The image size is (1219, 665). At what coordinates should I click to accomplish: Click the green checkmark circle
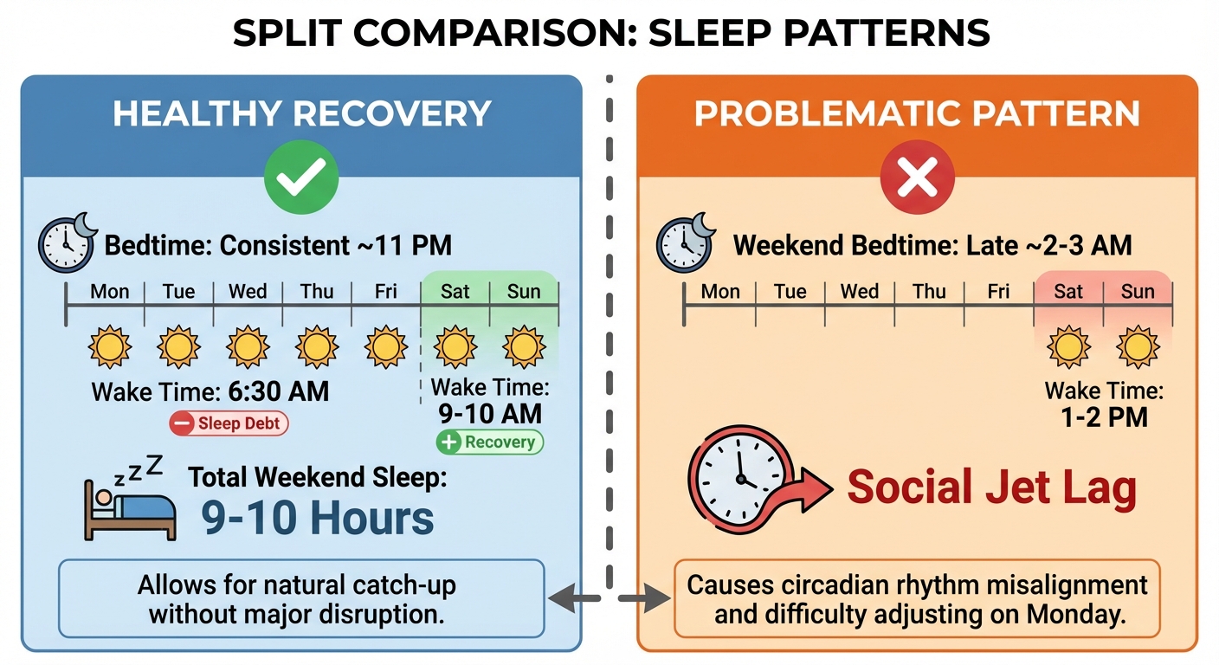pyautogui.click(x=302, y=178)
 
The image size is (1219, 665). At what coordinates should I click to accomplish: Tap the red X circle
pyautogui.click(x=917, y=178)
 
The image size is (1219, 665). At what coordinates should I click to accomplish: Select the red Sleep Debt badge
pyautogui.click(x=228, y=423)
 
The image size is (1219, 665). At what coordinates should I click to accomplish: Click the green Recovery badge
pyautogui.click(x=489, y=442)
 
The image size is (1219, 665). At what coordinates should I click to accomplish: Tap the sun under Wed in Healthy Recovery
pyautogui.click(x=248, y=347)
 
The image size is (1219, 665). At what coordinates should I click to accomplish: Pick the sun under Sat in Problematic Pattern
pyautogui.click(x=1068, y=347)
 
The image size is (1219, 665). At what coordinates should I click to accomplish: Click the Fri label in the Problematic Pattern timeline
pyautogui.click(x=998, y=291)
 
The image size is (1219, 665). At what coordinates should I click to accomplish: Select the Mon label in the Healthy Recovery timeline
pyautogui.click(x=110, y=291)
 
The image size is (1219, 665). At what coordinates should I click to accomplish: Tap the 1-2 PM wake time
pyautogui.click(x=1104, y=417)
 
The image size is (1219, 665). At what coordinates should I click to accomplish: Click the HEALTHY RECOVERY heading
pyautogui.click(x=302, y=114)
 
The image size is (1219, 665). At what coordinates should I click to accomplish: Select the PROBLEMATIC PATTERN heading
pyautogui.click(x=917, y=114)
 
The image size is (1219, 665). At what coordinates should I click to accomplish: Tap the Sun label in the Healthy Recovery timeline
pyautogui.click(x=524, y=291)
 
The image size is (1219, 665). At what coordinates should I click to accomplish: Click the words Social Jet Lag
pyautogui.click(x=991, y=487)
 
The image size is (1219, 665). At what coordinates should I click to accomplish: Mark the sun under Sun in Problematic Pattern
pyautogui.click(x=1137, y=347)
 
